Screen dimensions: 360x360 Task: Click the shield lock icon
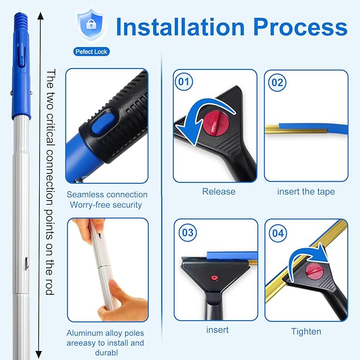pyautogui.click(x=91, y=25)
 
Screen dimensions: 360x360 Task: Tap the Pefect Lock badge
pyautogui.click(x=91, y=51)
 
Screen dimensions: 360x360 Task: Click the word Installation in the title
pyautogui.click(x=180, y=28)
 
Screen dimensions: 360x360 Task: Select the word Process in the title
pyautogui.click(x=300, y=28)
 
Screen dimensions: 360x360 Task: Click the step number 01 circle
pyautogui.click(x=184, y=82)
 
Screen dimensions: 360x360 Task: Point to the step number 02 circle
pyautogui.click(x=277, y=83)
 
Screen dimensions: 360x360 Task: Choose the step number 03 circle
pyautogui.click(x=188, y=233)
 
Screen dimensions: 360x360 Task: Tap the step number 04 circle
pyautogui.click(x=278, y=233)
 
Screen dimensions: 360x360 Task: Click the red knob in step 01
pyautogui.click(x=216, y=122)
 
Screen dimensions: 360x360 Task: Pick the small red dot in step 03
pyautogui.click(x=215, y=278)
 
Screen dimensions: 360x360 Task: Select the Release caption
pyautogui.click(x=218, y=191)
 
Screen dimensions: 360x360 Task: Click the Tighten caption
pyautogui.click(x=306, y=331)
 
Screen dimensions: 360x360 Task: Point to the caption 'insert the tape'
pyautogui.click(x=306, y=191)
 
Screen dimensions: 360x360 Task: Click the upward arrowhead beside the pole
pyautogui.click(x=40, y=16)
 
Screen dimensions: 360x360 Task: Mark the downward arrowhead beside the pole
pyautogui.click(x=39, y=355)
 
